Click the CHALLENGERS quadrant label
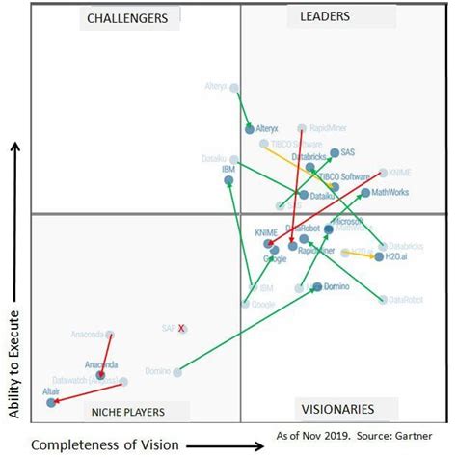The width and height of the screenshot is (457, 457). [x=126, y=18]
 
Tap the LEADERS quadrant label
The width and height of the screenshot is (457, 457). [x=325, y=16]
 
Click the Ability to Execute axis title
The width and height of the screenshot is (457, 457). [x=13, y=280]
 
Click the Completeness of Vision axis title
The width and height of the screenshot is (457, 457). [x=104, y=444]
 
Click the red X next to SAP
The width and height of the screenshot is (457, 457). [x=181, y=329]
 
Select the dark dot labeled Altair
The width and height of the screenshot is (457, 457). [x=51, y=402]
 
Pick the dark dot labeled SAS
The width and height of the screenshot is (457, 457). [x=334, y=152]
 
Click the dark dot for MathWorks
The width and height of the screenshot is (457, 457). [x=365, y=193]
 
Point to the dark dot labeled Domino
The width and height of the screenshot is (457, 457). [x=315, y=286]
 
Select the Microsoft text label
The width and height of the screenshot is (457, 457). [x=346, y=221]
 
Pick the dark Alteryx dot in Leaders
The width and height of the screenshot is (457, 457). [x=249, y=127]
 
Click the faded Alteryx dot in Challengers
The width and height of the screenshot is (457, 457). [x=231, y=85]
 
